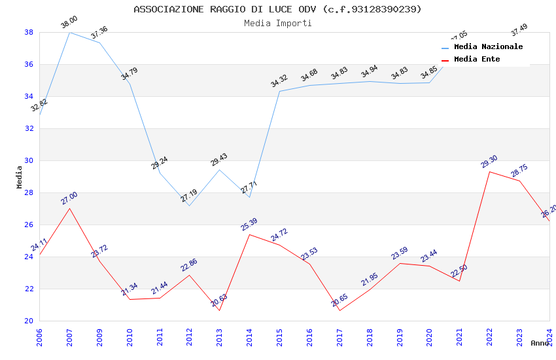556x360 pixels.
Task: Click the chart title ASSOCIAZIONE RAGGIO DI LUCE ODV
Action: click(277, 9)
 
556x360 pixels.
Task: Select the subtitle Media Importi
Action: click(277, 24)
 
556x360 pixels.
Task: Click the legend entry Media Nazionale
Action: click(488, 47)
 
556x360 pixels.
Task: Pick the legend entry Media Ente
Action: click(477, 60)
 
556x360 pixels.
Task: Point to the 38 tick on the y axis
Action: click(29, 32)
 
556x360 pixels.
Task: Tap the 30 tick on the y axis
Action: click(29, 160)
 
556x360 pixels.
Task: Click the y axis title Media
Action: click(19, 176)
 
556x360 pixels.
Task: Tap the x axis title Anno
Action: click(540, 343)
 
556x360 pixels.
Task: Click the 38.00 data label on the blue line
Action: click(69, 22)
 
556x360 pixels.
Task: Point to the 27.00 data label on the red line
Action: click(69, 198)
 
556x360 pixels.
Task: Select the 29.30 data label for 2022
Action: click(489, 162)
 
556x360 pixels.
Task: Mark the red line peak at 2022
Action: click(489, 171)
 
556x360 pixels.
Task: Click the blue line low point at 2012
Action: click(189, 206)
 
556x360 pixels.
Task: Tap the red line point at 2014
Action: click(249, 234)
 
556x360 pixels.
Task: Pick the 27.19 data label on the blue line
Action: click(189, 196)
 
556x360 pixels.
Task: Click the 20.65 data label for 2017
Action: click(339, 300)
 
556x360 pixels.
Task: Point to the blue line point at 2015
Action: click(279, 91)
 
